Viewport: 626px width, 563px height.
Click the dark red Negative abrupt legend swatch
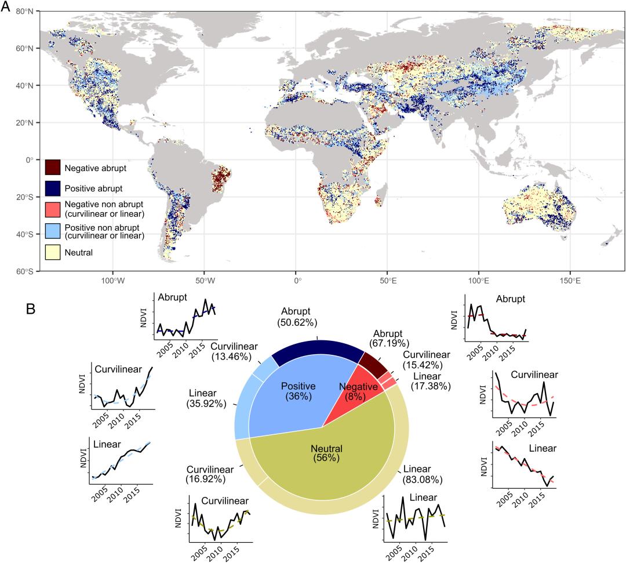tap(53, 168)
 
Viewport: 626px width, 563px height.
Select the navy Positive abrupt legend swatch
tap(53, 188)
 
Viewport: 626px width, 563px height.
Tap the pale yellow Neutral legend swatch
tap(53, 253)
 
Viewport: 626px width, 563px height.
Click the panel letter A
tap(8, 7)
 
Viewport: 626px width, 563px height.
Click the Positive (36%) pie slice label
tap(298, 391)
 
